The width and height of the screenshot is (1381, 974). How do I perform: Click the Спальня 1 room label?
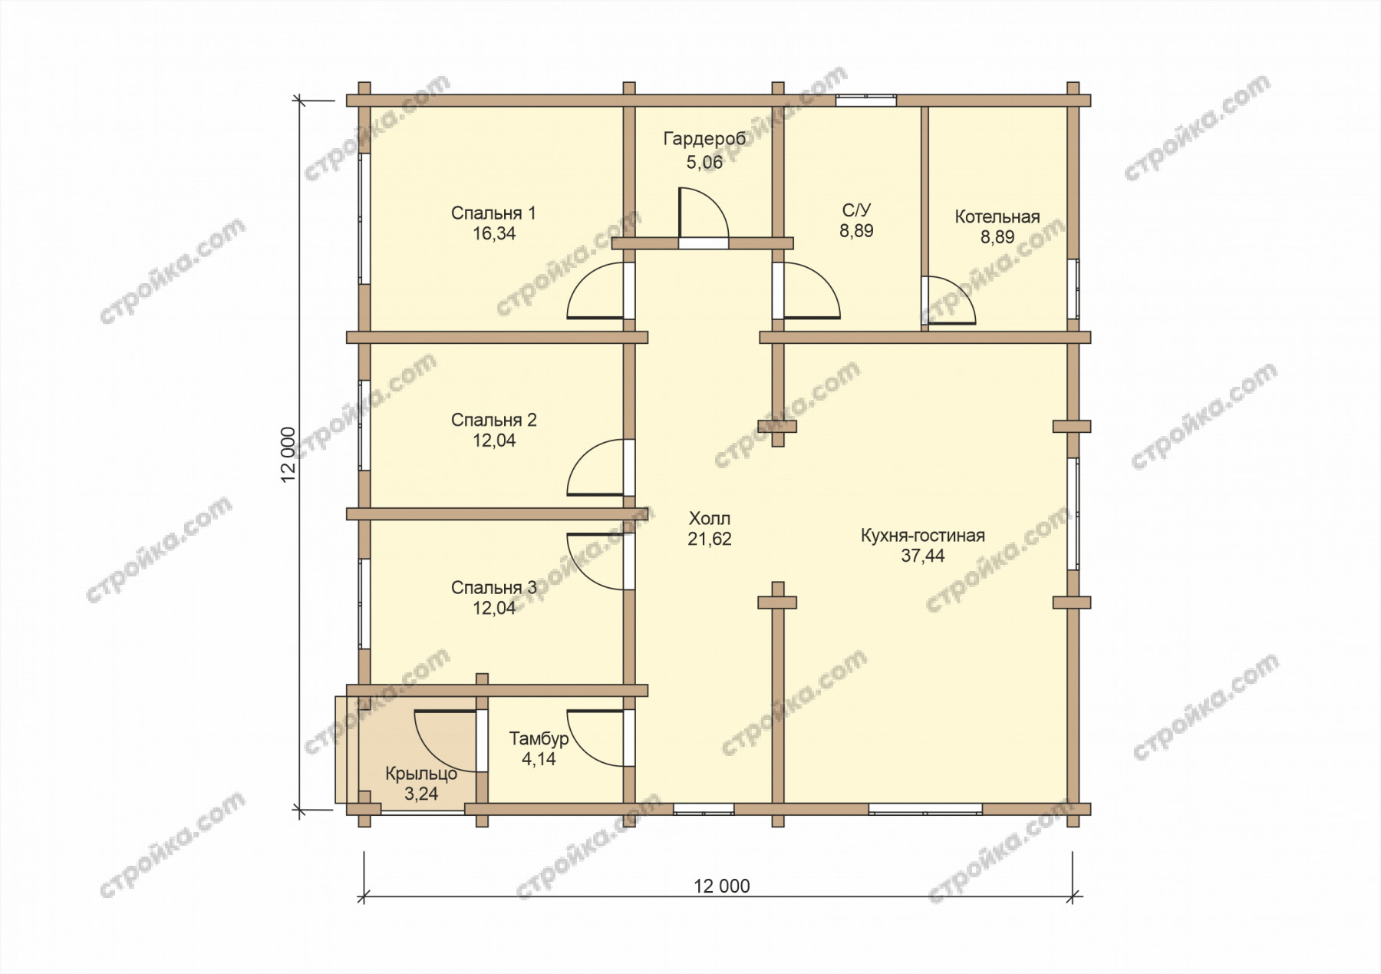pos(493,213)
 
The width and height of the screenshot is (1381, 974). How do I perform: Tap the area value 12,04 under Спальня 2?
pos(494,441)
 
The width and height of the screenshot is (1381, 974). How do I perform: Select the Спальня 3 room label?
pos(494,588)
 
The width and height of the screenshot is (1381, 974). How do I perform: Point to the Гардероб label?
pos(704,139)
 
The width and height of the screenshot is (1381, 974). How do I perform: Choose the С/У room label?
pos(857,210)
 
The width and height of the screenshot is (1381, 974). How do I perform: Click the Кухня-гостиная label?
pos(923,536)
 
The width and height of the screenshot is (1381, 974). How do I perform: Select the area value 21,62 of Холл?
pos(710,539)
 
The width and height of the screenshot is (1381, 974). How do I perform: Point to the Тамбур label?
pos(539,738)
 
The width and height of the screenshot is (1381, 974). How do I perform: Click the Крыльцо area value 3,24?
pos(421,794)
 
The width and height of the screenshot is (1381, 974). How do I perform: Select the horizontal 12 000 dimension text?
pos(722,886)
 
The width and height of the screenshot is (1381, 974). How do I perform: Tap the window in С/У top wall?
pos(865,100)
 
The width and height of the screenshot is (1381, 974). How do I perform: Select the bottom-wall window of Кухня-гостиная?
pos(925,808)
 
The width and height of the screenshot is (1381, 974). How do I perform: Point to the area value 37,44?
pos(923,556)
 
